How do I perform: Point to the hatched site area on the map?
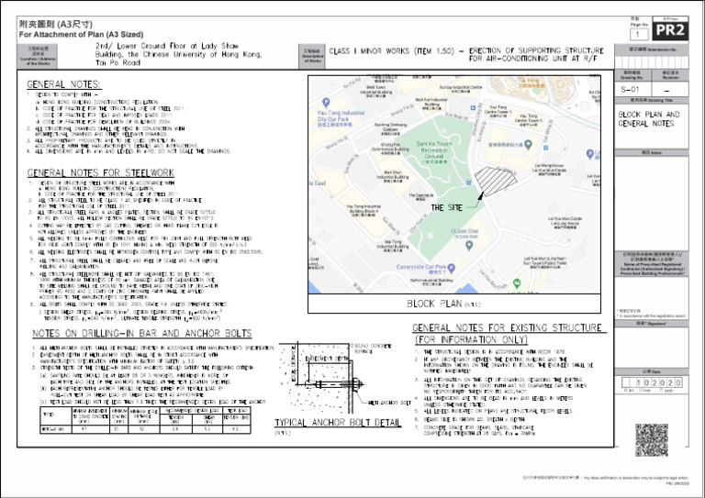click(495, 179)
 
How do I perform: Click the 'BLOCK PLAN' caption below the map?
click(445, 303)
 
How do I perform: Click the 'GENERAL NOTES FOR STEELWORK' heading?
click(101, 172)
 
